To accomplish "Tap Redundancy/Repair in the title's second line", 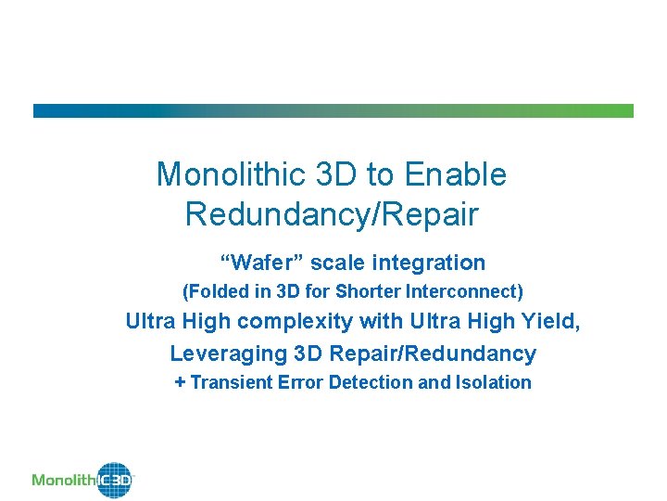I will pos(332,214).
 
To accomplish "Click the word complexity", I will pos(296,322).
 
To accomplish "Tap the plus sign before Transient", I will pos(180,382).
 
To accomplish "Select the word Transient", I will pos(232,382).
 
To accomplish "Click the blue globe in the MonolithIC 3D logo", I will pos(116,480).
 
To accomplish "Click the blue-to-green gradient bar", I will pos(333,110).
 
